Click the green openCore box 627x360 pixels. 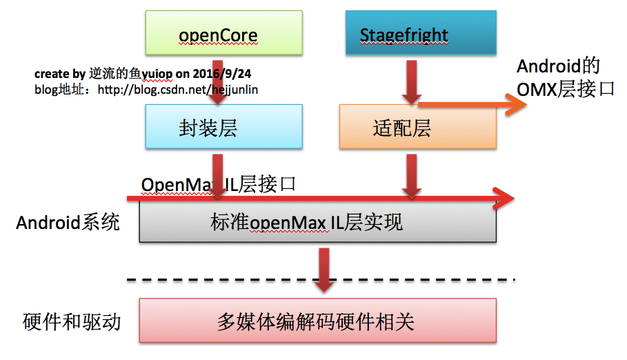(x=223, y=33)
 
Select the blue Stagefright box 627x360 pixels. (x=419, y=33)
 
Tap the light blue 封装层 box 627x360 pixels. (x=223, y=127)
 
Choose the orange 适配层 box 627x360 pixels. (x=417, y=128)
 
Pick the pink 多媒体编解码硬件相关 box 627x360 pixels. (x=317, y=321)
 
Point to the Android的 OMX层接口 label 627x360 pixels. (x=565, y=77)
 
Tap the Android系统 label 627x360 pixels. (x=68, y=222)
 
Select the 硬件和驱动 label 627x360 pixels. (x=72, y=321)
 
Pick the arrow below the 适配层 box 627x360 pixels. (x=412, y=175)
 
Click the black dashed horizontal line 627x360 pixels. (x=321, y=279)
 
